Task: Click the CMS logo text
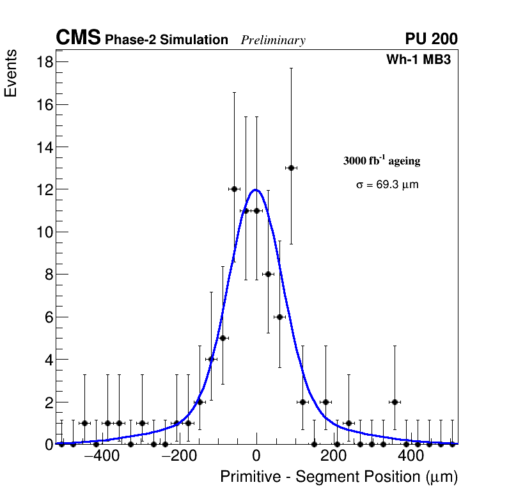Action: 78,38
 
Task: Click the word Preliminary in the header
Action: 273,40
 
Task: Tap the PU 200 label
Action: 431,39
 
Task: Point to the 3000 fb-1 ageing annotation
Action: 382,161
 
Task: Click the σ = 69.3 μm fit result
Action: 387,185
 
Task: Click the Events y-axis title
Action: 11,74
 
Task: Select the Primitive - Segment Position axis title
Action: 339,477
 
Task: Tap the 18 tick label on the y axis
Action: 44,62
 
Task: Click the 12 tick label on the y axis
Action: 44,189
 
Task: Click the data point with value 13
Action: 291,168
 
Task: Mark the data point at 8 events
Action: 268,274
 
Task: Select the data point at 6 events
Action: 279,317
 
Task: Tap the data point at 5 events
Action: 223,338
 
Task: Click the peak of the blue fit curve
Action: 256,189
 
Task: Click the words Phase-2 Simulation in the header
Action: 166,40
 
